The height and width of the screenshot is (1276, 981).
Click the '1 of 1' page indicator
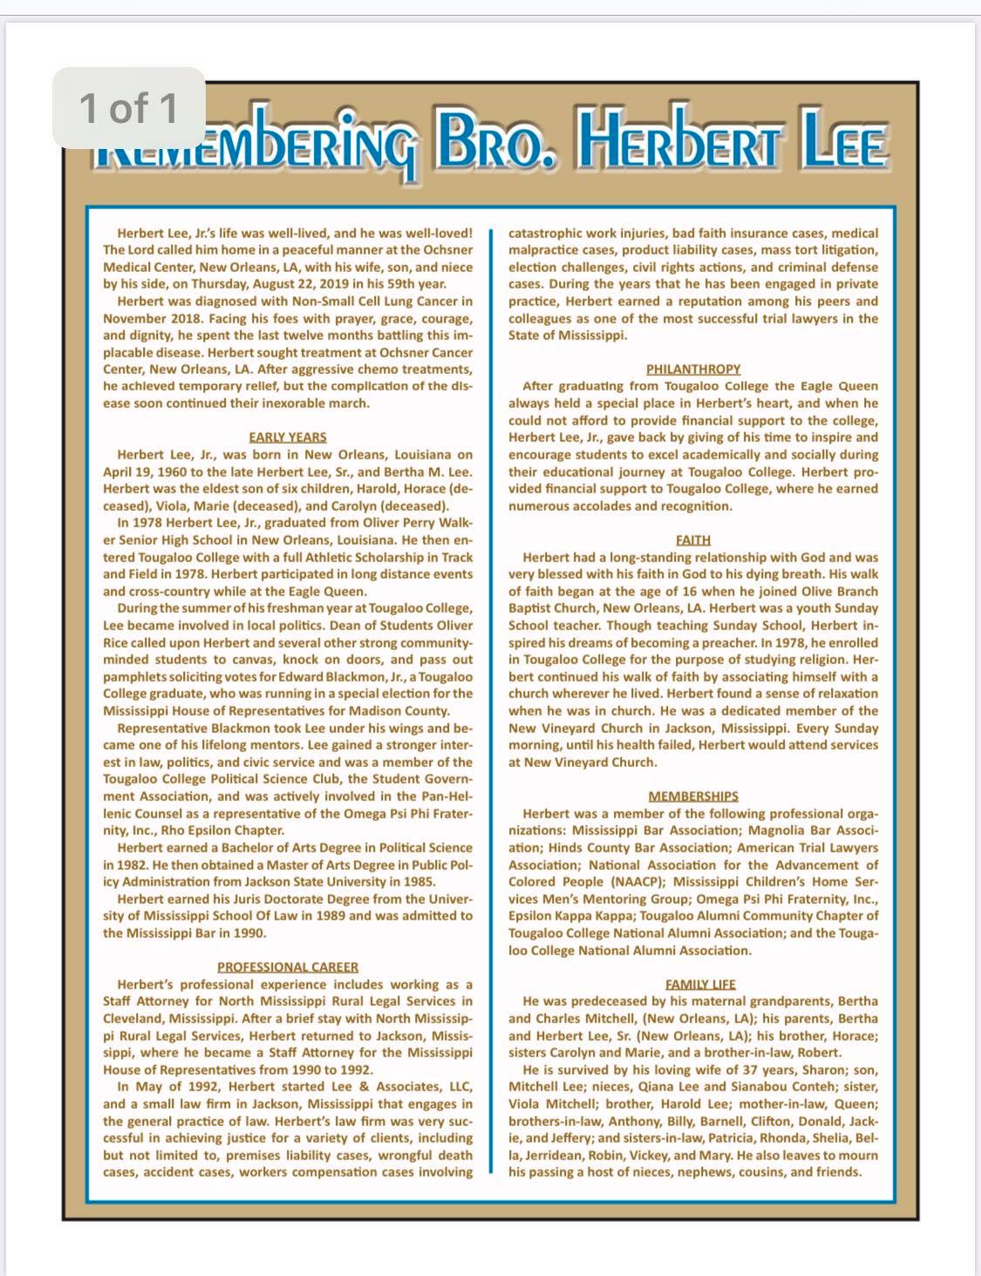coord(128,108)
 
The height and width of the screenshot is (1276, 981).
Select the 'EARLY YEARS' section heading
coord(288,437)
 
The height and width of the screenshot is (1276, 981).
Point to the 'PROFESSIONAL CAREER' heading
coord(288,967)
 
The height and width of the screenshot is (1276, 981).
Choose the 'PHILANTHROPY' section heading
coord(693,369)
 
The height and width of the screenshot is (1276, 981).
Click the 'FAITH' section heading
coord(693,540)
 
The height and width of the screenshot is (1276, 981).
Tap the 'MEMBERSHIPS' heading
coord(693,796)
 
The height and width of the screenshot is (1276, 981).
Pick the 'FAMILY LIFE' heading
coord(700,984)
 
